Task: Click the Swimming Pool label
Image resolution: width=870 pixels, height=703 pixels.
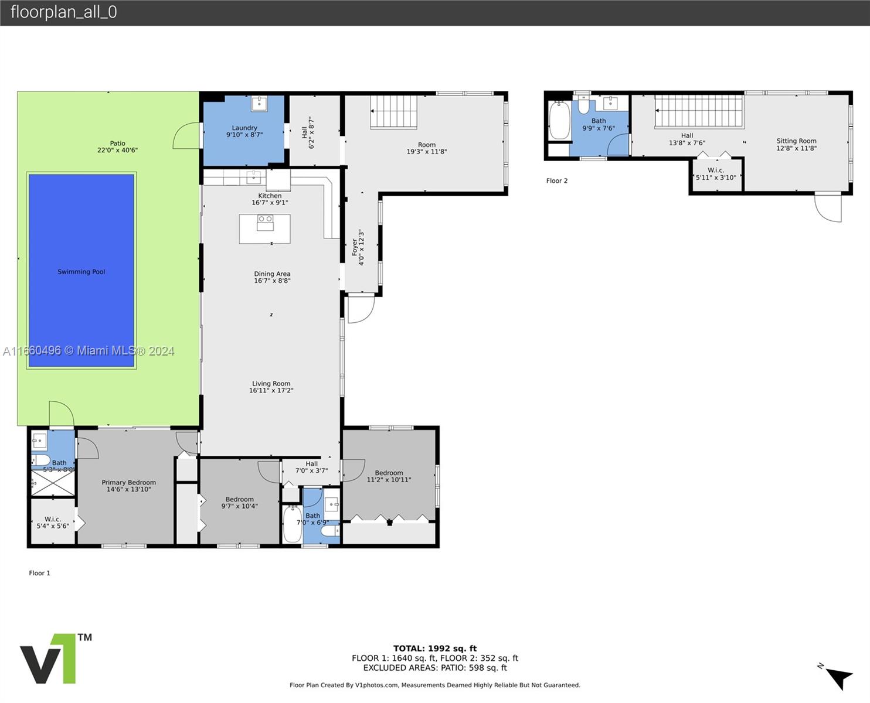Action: pos(81,272)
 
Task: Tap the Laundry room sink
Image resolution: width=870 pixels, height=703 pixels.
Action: pos(259,104)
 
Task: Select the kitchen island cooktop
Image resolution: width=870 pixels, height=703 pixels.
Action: pos(265,223)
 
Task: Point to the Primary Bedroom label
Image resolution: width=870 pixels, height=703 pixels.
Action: pos(128,482)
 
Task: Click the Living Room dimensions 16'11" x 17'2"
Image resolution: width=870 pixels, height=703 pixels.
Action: pos(271,391)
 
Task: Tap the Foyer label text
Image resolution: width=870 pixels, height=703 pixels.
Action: pos(355,248)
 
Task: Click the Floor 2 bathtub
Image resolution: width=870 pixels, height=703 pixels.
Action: pos(559,121)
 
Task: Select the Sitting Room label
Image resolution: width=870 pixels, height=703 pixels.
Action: pos(797,141)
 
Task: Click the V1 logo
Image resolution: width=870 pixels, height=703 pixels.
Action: pos(56,658)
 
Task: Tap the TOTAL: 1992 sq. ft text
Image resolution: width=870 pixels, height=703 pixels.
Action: pos(435,649)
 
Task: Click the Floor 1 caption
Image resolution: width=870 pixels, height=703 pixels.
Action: pos(40,573)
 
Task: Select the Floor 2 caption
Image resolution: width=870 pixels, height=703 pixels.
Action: pos(557,181)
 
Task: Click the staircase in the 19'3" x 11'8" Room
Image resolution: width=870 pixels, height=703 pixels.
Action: pos(394,112)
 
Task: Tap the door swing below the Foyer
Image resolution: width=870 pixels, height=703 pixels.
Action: pos(360,309)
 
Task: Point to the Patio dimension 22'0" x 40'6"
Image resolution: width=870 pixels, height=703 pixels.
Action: pos(117,150)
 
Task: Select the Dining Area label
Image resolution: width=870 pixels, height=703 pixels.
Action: pos(272,274)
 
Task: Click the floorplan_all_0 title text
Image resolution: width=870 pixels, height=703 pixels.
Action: pos(64,12)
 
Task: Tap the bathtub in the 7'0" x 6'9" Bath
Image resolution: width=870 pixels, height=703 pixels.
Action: pos(293,524)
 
